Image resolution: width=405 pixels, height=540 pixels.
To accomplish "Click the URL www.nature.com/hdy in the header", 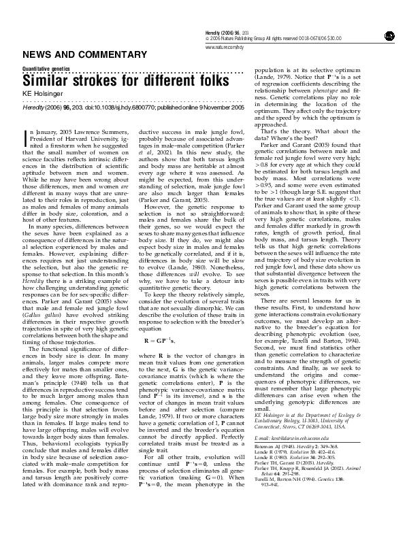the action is [x=225, y=47].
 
